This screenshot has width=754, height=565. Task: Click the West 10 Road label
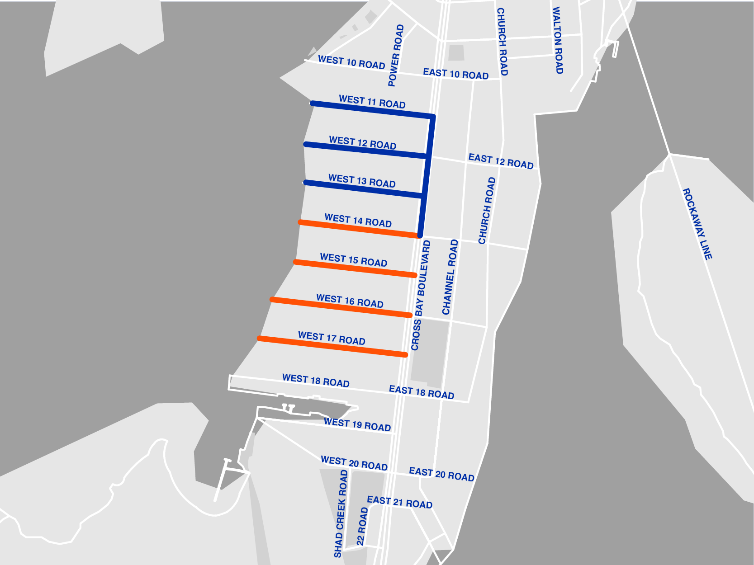click(351, 62)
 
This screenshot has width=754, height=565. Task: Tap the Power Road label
click(396, 55)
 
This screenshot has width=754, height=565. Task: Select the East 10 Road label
click(455, 74)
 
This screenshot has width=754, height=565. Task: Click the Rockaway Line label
click(697, 224)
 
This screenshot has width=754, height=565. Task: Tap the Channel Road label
click(450, 277)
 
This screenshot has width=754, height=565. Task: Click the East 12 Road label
click(501, 161)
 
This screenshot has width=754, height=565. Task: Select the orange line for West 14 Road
click(357, 229)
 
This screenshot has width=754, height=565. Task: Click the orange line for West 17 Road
click(332, 346)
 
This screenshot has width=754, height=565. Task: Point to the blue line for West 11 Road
click(371, 110)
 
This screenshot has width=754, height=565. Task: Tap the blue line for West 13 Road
click(362, 189)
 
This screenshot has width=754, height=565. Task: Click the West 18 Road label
click(316, 381)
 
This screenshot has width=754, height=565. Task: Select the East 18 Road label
click(422, 392)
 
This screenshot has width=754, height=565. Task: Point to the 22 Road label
click(362, 526)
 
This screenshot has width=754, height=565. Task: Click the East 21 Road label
click(399, 502)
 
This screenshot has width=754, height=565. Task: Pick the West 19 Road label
click(357, 425)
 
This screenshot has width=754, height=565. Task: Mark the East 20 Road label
click(441, 474)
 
